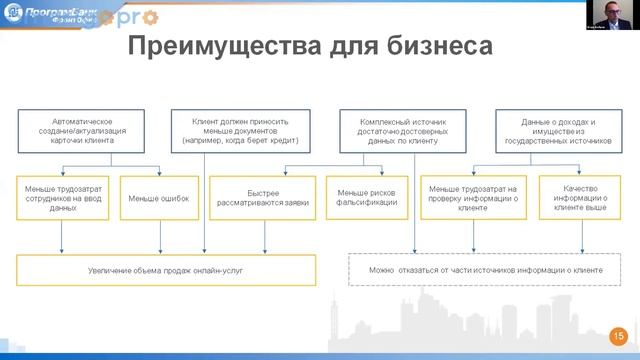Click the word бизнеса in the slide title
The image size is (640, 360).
(x=441, y=46)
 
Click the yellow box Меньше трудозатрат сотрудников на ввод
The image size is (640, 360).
(x=63, y=198)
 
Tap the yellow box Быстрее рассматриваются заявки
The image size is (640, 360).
(x=264, y=198)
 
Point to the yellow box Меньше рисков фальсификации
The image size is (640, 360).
(x=368, y=198)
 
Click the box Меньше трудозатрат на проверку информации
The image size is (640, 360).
(x=472, y=198)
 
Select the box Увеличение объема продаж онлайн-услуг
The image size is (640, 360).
(x=166, y=270)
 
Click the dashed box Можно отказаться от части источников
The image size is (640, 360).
(x=485, y=270)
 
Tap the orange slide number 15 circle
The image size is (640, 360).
(x=618, y=337)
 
